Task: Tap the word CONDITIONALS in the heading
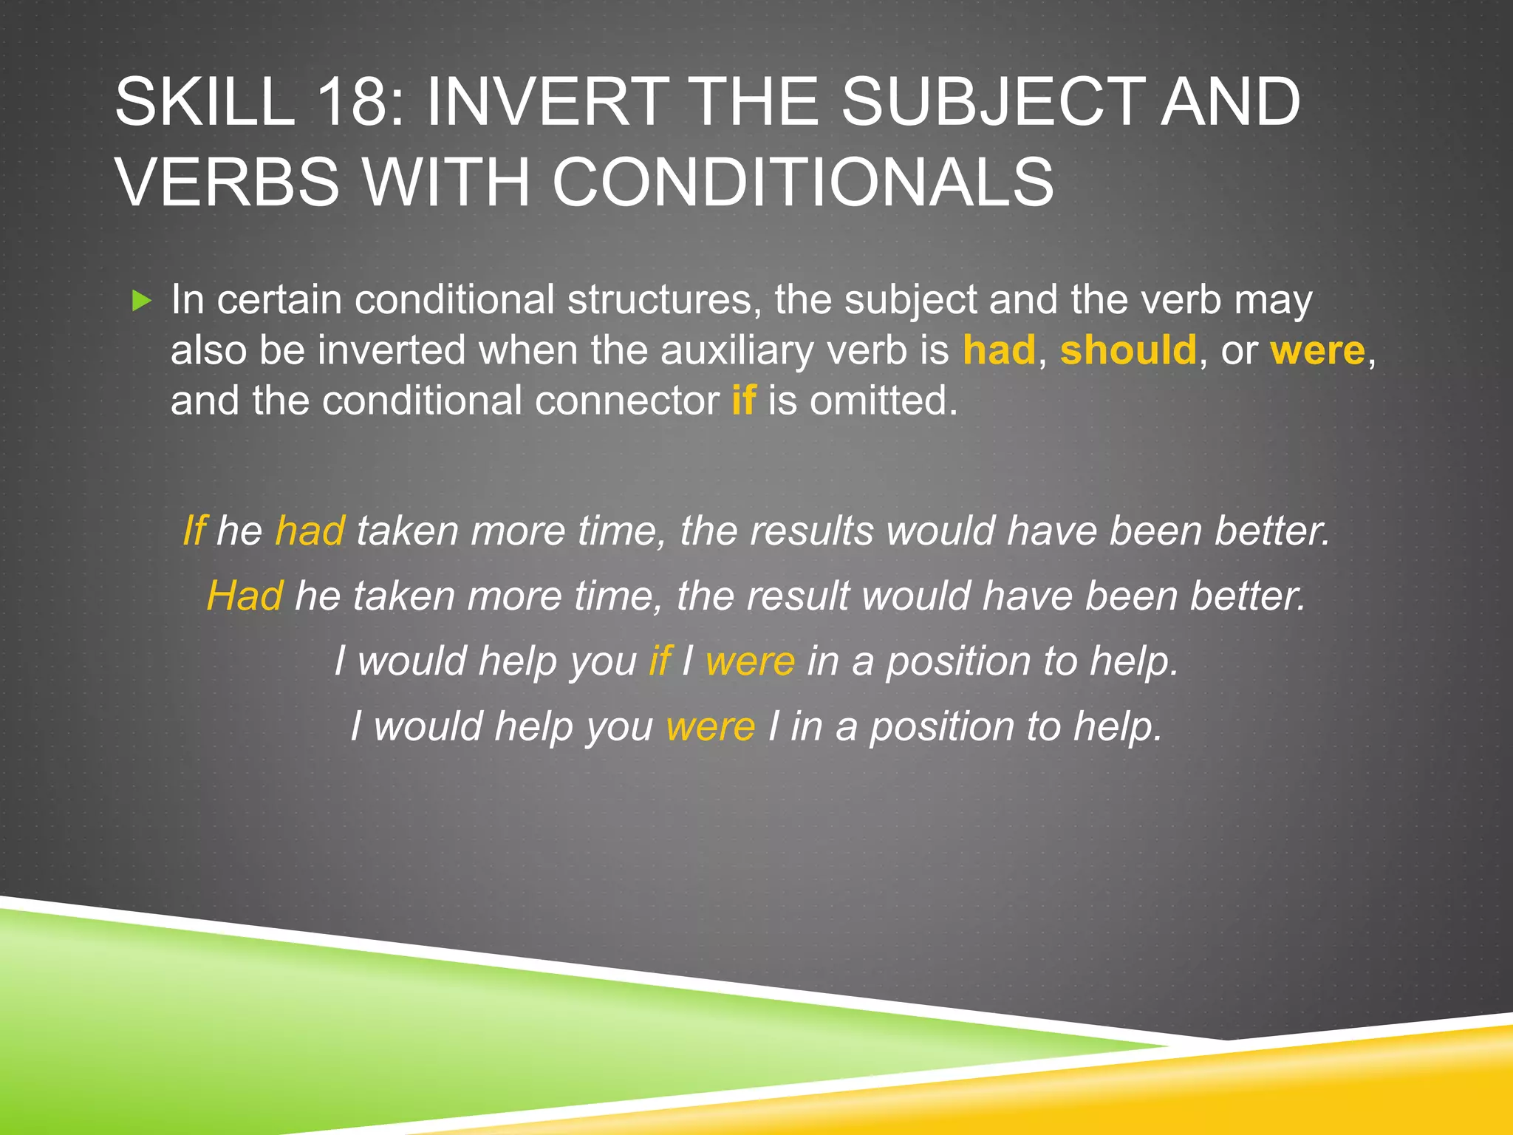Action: coord(803,182)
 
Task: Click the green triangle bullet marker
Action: coord(141,301)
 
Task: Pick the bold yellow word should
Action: coord(1128,350)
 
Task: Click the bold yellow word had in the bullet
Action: coord(999,350)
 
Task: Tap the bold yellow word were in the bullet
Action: coord(1317,350)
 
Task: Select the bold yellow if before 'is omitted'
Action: coord(743,401)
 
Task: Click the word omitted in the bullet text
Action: coord(884,401)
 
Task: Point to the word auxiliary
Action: coord(742,350)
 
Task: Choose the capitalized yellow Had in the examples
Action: coord(245,596)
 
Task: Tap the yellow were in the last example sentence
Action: coord(711,726)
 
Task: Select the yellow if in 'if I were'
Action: coord(660,661)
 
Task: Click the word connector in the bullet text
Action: coord(626,401)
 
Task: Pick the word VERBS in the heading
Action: coord(228,182)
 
